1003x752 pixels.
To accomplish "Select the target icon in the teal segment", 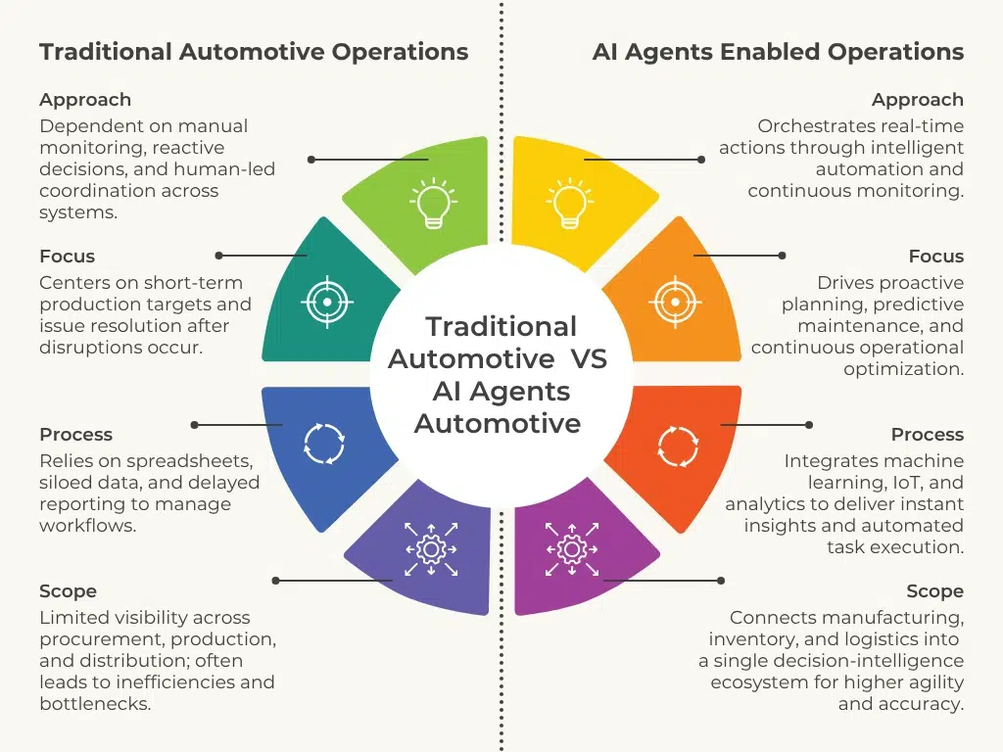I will point(327,302).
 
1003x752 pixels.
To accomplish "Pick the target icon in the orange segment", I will point(674,302).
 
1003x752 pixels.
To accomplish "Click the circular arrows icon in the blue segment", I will point(324,443).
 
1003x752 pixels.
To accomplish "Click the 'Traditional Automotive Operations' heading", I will point(254,52).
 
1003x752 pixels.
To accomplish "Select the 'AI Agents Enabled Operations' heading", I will point(778,52).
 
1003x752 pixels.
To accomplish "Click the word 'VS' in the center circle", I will point(589,358).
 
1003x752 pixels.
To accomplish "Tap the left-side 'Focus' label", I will point(67,257).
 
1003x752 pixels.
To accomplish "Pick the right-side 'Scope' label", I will point(934,591).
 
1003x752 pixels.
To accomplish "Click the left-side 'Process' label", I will point(75,435).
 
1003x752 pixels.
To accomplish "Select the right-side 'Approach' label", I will point(918,100).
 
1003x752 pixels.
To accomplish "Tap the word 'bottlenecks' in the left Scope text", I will point(94,704).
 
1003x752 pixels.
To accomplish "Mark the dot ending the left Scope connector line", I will point(276,581).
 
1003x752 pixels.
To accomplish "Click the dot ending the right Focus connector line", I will point(782,256).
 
